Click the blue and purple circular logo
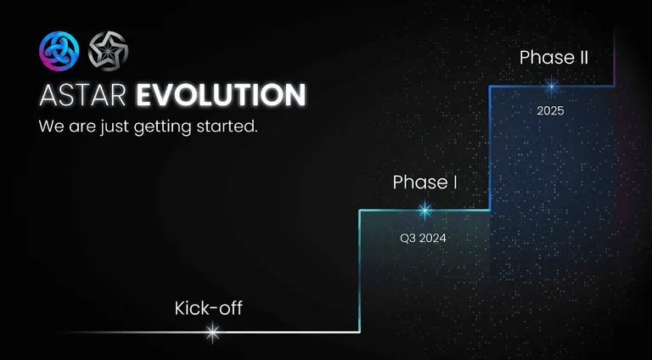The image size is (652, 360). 59,51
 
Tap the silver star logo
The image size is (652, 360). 108,51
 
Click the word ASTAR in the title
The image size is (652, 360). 82,95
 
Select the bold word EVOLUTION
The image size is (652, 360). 221,95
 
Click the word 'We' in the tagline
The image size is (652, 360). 52,127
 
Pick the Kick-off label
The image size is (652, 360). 208,308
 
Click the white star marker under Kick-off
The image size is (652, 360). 213,332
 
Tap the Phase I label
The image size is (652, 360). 424,182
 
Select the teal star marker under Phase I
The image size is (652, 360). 424,211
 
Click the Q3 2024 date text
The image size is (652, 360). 423,239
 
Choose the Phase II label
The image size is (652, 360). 554,58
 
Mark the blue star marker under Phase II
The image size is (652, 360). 552,86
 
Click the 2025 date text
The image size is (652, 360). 550,111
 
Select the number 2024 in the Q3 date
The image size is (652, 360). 432,239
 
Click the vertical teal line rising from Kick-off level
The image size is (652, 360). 360,271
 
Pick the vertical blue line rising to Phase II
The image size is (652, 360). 490,148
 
